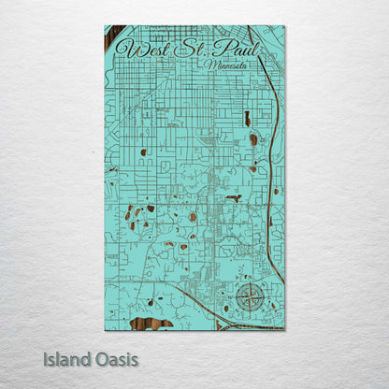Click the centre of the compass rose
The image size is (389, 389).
click(249, 298)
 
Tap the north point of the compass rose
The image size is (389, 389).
click(249, 284)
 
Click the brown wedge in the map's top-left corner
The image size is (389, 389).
click(113, 38)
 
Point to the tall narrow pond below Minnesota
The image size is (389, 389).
click(247, 119)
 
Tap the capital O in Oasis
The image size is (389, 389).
click(96, 358)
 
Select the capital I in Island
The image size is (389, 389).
click(45, 358)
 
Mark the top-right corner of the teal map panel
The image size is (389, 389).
click(284, 26)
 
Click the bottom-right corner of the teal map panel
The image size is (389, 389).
click(284, 329)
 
